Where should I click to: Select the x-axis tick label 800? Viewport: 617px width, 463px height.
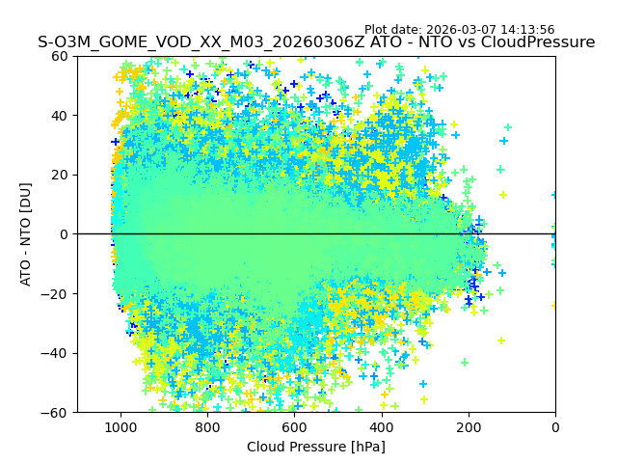point(207,427)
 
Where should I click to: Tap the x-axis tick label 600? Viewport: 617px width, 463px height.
point(294,427)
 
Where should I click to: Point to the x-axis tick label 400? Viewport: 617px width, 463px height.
point(381,427)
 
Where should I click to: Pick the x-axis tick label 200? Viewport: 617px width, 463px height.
point(469,427)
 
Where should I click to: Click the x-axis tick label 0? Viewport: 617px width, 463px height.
point(555,427)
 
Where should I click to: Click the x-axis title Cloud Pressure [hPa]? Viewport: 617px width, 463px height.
point(315,447)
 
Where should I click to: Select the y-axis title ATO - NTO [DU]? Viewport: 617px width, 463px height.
point(27,234)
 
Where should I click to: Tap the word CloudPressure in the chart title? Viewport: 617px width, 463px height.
point(541,42)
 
